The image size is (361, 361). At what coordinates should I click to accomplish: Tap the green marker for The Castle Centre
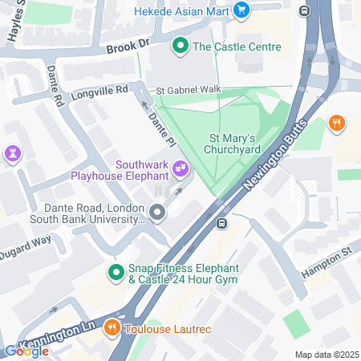(181, 47)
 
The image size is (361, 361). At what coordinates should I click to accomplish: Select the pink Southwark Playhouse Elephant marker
(181, 169)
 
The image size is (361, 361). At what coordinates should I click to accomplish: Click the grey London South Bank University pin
(157, 213)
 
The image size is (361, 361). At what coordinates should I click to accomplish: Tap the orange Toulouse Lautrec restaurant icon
(113, 328)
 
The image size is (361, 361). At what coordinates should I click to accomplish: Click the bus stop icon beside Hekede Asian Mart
(304, 10)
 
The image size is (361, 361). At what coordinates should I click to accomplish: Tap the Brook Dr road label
(128, 48)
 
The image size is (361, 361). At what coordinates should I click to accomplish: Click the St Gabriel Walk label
(189, 89)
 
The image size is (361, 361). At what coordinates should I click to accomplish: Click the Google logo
(26, 351)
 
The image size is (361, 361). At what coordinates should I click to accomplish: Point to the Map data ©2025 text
(325, 355)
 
